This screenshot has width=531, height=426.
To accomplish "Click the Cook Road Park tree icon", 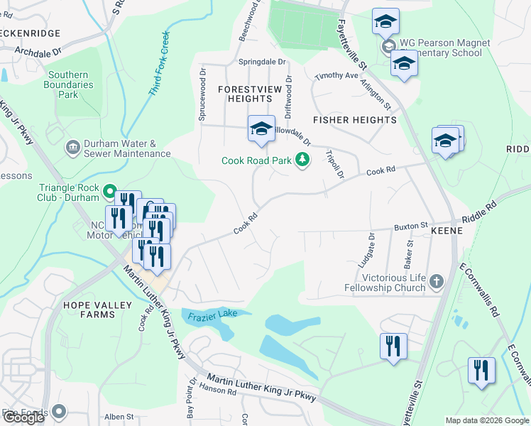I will (x=303, y=160).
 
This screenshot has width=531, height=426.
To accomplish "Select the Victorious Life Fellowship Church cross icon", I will (x=436, y=282).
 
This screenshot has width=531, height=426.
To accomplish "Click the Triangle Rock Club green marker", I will (x=110, y=191).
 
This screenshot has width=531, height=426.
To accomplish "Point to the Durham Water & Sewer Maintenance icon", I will (x=72, y=148).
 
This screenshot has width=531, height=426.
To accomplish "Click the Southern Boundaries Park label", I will (x=67, y=84).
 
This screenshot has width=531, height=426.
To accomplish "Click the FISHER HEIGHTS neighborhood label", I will (x=354, y=120).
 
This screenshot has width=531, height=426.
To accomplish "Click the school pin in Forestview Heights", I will (x=261, y=129).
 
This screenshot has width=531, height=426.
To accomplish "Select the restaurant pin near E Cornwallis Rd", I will (x=481, y=370).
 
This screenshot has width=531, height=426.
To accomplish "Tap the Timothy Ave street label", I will (x=337, y=75).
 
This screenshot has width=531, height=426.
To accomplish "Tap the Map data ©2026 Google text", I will (x=487, y=420).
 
